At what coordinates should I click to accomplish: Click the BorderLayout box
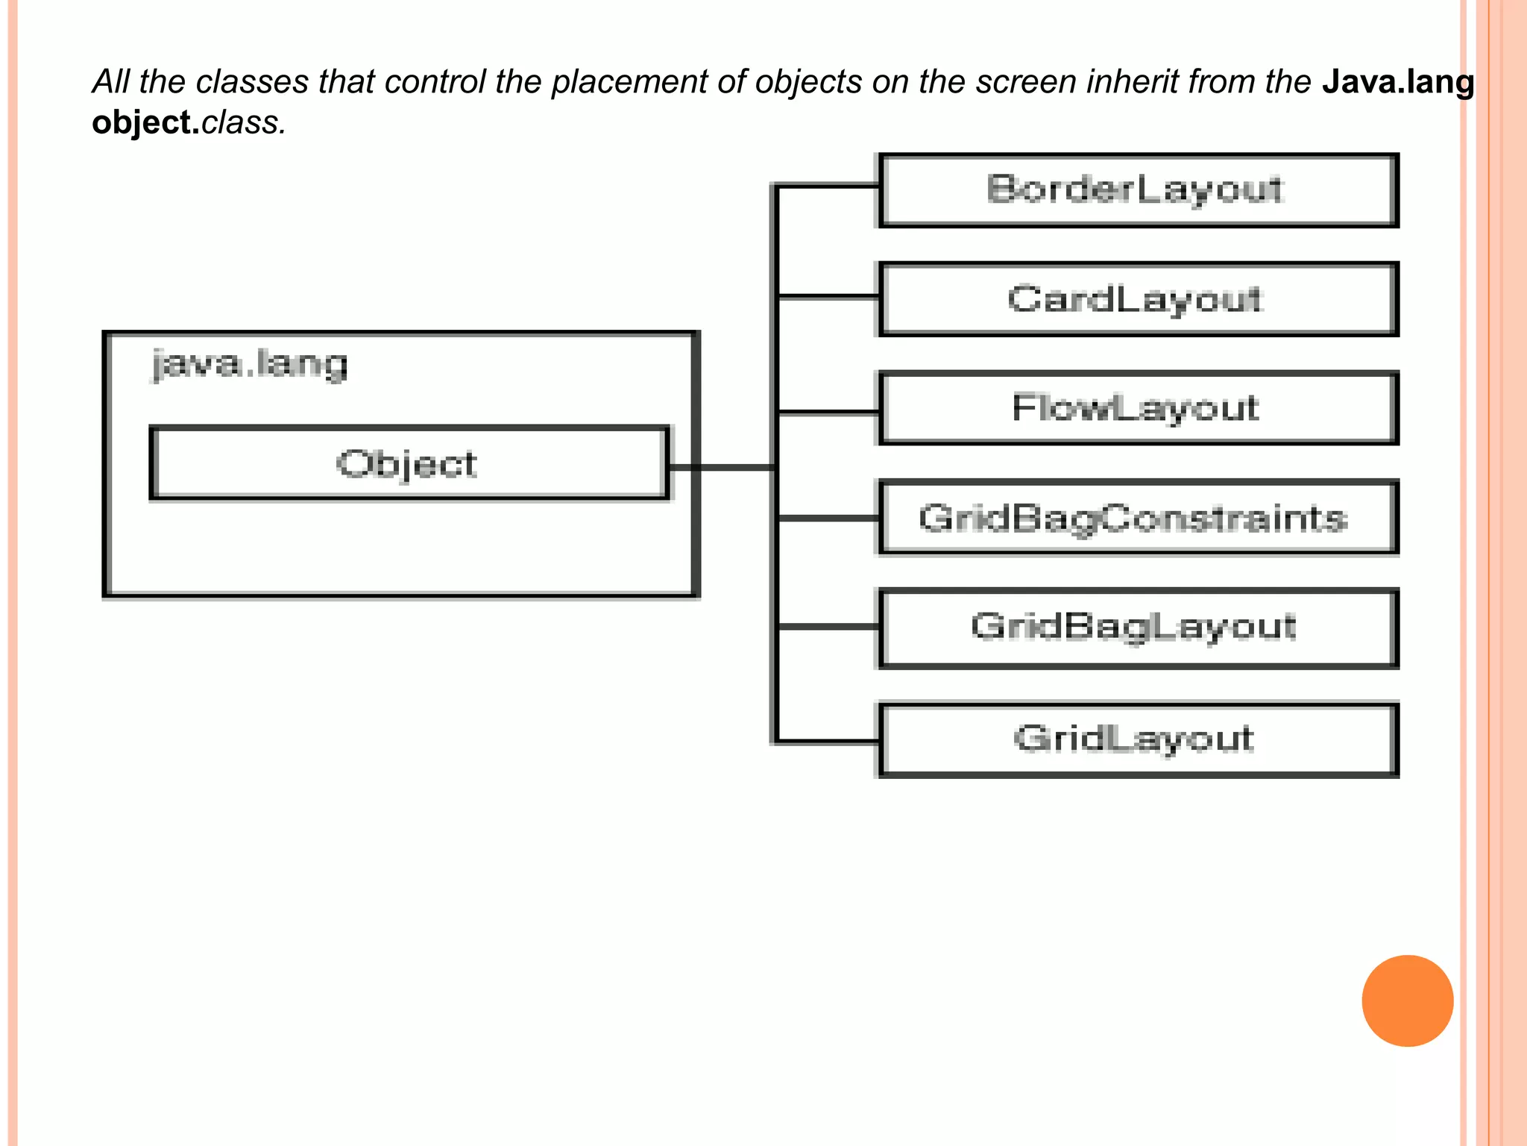(x=1138, y=190)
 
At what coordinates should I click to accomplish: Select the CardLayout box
(x=1138, y=299)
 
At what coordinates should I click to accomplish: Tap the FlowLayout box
(x=1138, y=408)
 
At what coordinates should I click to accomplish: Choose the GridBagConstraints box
(x=1138, y=518)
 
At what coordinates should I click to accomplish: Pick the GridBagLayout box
(x=1138, y=627)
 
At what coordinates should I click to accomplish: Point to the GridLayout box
(x=1138, y=739)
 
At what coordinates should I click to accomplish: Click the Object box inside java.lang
(x=409, y=463)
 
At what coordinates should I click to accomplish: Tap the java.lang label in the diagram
(x=250, y=365)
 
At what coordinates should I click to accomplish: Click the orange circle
(x=1407, y=1001)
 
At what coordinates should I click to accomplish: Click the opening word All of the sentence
(x=111, y=82)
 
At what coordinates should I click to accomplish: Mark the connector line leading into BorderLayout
(x=828, y=186)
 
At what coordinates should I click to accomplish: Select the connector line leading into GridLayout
(x=828, y=742)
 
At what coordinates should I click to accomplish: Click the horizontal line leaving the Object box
(x=722, y=468)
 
